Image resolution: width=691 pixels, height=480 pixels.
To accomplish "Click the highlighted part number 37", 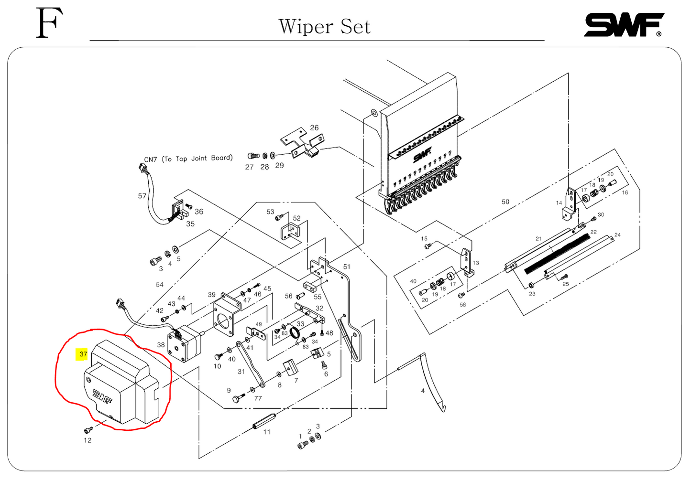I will [x=83, y=354].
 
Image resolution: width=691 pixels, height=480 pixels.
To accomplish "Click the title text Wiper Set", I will [x=324, y=27].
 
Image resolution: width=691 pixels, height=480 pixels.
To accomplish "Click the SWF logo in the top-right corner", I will [x=624, y=25].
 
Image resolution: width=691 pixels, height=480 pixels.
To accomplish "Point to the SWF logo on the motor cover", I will [x=101, y=396].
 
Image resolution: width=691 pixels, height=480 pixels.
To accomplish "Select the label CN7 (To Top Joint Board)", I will [x=188, y=159].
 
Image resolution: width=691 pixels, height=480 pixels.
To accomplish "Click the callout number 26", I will [x=314, y=128].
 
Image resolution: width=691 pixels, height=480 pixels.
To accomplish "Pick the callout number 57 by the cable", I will [x=142, y=196].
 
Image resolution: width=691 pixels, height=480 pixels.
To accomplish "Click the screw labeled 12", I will [x=88, y=430].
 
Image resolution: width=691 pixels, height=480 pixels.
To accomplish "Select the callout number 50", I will [x=505, y=202].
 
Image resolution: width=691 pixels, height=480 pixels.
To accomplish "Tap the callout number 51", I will [x=347, y=267].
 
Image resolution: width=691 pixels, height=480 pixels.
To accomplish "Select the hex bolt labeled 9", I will [x=237, y=398].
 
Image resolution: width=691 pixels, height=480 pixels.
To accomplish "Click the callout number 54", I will [x=160, y=285].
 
